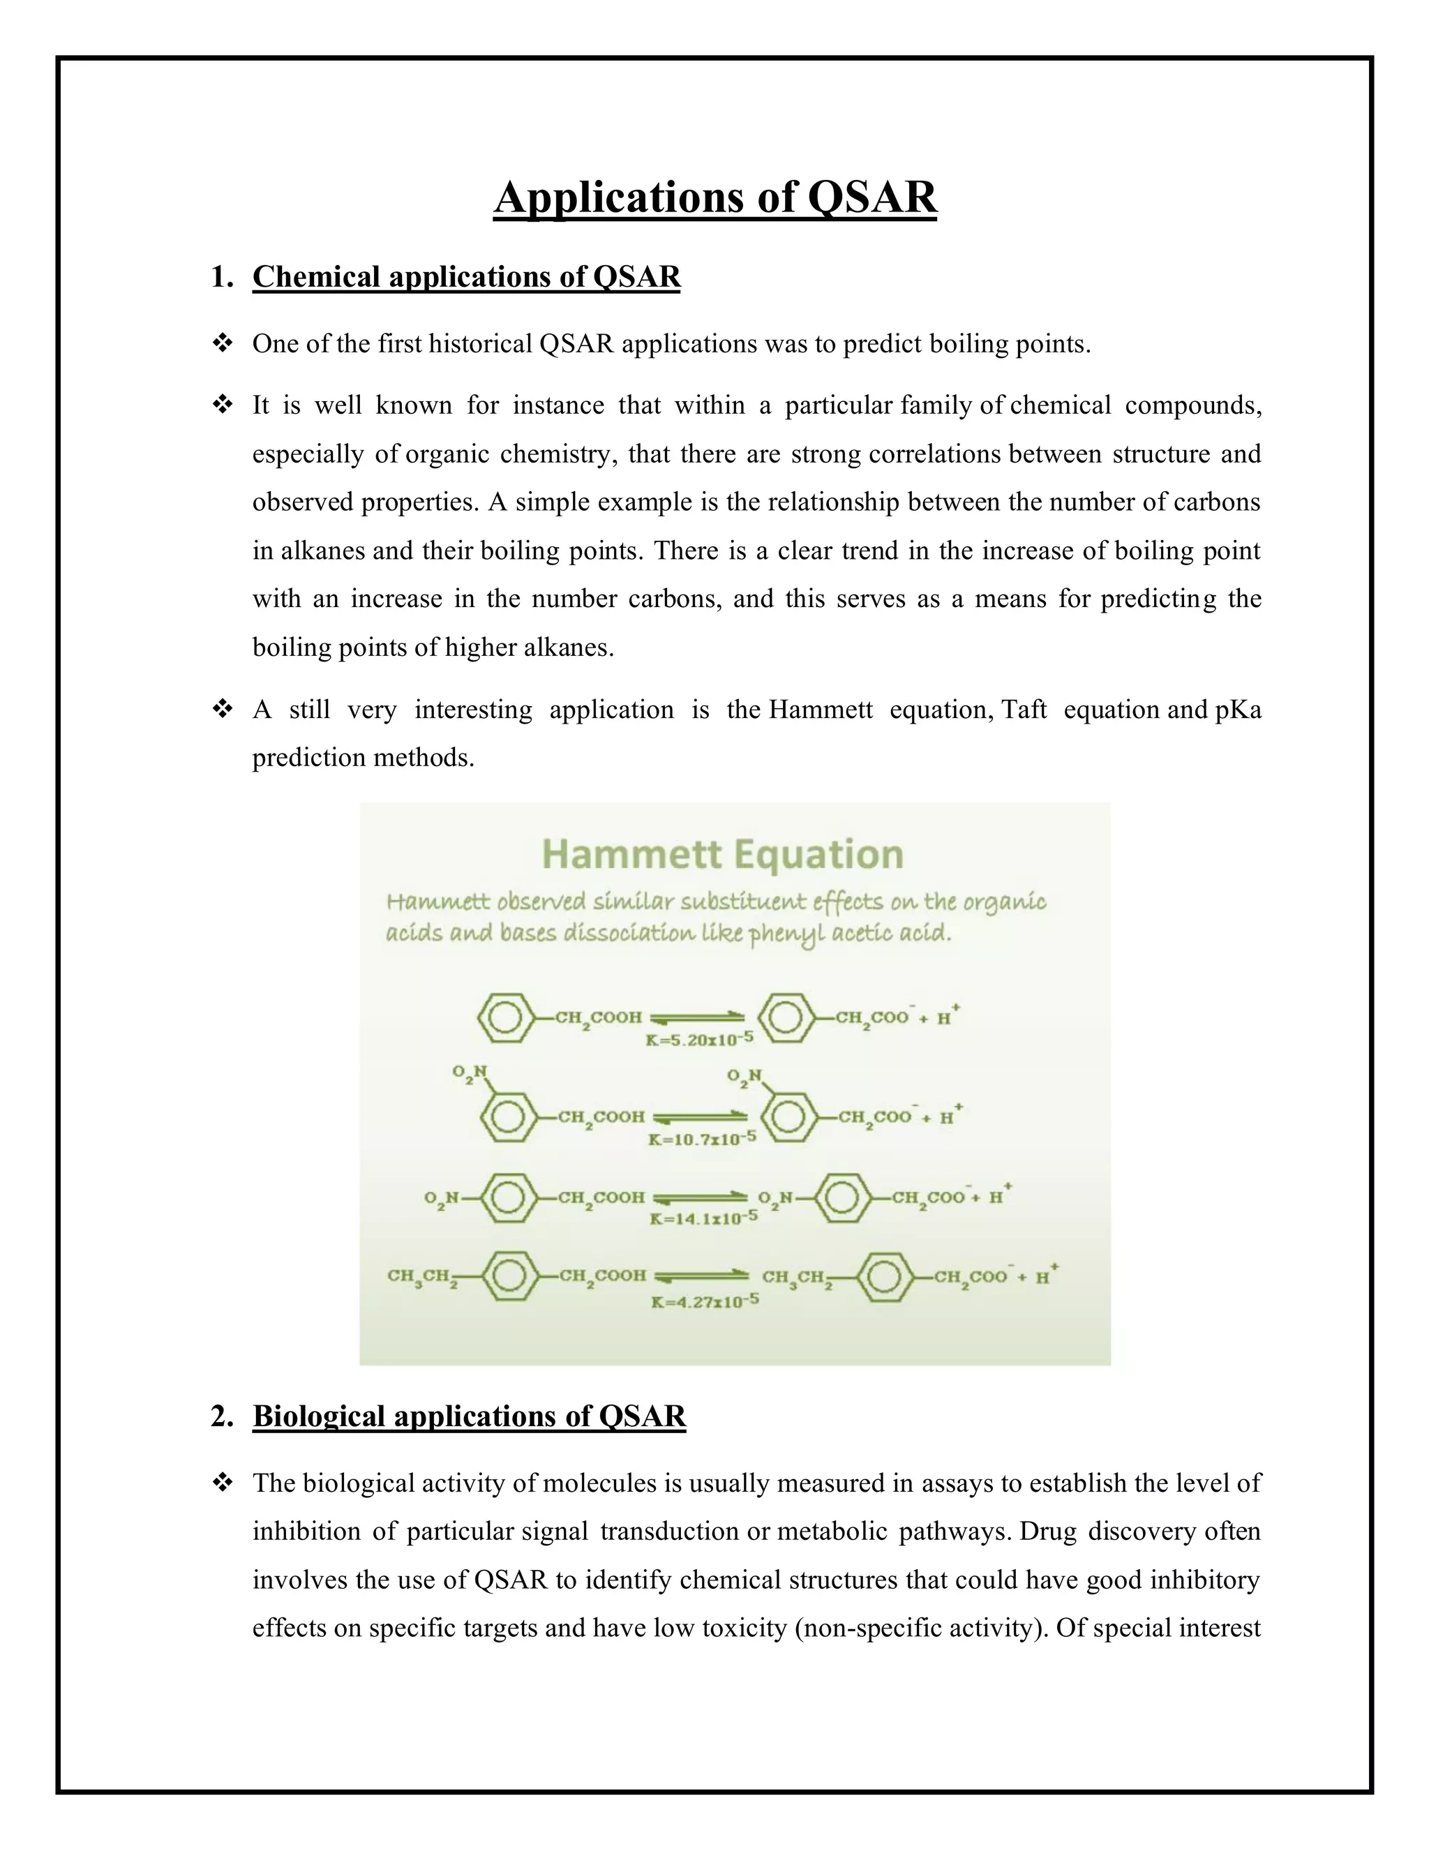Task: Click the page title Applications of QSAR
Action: point(714,197)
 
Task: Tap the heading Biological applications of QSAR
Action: point(469,1416)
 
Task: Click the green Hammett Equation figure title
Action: point(722,853)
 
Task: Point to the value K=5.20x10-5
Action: point(698,1039)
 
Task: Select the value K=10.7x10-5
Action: point(701,1139)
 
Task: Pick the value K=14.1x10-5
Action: point(703,1218)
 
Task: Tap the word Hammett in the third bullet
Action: point(821,710)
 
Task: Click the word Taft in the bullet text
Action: point(1024,710)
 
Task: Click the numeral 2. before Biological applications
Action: point(222,1416)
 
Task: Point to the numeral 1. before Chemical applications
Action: point(222,277)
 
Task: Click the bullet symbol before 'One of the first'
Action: point(223,344)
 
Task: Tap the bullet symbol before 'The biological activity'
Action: point(223,1483)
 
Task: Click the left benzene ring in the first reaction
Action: point(505,1017)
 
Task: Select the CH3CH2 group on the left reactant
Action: point(424,1277)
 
